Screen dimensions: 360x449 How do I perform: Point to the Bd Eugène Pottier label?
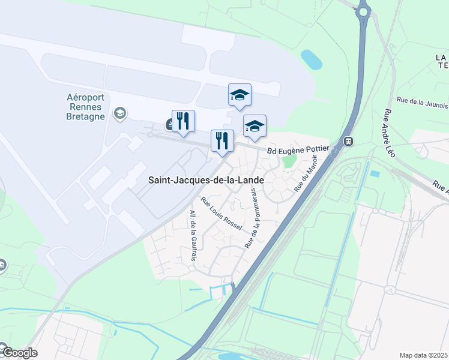(298, 150)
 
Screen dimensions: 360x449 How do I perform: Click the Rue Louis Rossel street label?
(221, 214)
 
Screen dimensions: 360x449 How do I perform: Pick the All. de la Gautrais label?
(193, 236)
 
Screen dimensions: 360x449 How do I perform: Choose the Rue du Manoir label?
(305, 173)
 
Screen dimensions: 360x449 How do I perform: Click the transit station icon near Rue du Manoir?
(348, 142)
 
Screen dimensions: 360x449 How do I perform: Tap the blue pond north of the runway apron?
(311, 59)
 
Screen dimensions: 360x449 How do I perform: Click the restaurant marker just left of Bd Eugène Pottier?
(222, 140)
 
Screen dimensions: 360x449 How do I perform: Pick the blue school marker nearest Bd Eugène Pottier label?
(255, 125)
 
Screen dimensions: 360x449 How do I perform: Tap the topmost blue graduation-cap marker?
(240, 94)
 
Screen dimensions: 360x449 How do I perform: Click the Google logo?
(19, 353)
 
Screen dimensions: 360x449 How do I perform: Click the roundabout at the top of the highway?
(363, 10)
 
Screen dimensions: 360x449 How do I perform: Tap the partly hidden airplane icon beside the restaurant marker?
(169, 124)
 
